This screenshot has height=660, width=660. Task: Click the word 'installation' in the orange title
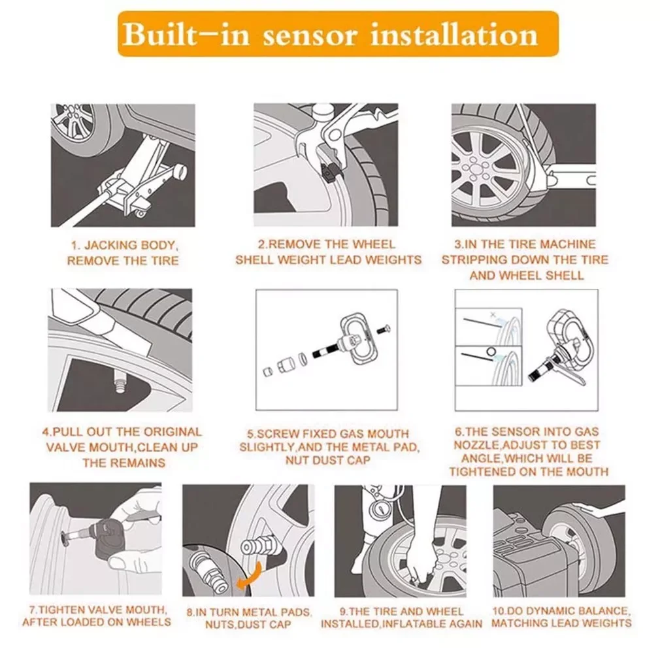point(454,35)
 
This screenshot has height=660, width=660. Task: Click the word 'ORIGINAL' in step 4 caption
point(173,432)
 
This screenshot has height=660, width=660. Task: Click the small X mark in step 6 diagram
point(493,314)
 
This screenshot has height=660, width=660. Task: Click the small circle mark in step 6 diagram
point(490,351)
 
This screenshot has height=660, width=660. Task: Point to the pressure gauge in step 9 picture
point(380,510)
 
